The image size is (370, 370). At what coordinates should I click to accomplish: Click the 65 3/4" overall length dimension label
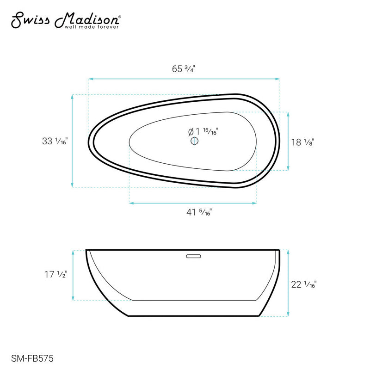click(x=184, y=69)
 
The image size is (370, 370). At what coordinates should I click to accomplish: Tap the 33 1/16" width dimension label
click(x=55, y=142)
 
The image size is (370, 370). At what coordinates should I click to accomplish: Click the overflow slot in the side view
click(x=192, y=254)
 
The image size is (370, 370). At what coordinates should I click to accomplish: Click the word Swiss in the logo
click(x=30, y=20)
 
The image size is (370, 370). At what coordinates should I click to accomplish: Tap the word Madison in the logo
click(x=87, y=20)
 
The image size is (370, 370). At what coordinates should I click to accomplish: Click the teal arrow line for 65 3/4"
click(x=184, y=79)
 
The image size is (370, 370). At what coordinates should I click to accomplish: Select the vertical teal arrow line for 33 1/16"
click(x=73, y=141)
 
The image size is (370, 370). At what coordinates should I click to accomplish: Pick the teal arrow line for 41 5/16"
click(x=193, y=203)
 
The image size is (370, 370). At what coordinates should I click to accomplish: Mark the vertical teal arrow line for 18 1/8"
click(x=289, y=141)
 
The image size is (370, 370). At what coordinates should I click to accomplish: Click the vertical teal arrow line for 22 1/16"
click(x=289, y=284)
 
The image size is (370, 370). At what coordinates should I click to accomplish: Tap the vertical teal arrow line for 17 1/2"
click(x=73, y=275)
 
